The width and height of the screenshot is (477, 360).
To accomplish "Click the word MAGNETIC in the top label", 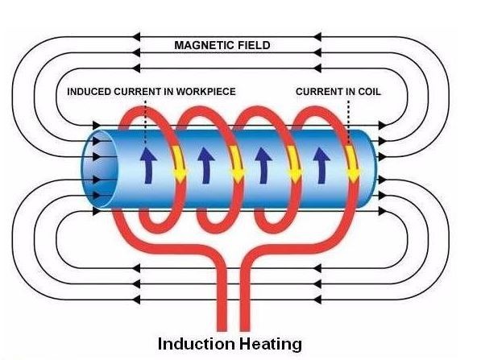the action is tap(204, 45).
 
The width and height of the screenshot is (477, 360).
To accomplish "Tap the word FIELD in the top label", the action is tap(254, 45).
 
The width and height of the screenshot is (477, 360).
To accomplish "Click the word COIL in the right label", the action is tap(369, 92).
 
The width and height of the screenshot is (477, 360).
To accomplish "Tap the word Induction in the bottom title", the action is tap(197, 344).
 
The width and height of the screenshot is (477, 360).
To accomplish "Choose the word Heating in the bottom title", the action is tap(271, 345).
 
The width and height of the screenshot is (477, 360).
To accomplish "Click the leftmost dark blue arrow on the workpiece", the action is tap(148, 166).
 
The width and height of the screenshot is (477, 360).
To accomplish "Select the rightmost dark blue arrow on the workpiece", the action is tap(321, 166).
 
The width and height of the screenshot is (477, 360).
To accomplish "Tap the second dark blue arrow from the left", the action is tap(206, 166).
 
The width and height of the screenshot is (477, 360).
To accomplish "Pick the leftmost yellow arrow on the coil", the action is tap(179, 164).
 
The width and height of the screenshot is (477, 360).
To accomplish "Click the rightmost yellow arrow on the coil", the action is tap(353, 164).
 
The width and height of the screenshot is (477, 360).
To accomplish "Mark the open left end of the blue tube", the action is tap(99, 169).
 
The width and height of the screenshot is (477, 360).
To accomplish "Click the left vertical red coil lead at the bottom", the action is tap(222, 301).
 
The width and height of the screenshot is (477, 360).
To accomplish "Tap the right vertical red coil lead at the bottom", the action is tap(245, 301).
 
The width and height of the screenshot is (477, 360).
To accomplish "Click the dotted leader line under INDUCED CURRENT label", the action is tap(145, 122).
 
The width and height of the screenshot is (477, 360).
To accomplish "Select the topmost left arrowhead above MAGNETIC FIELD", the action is tap(136, 37).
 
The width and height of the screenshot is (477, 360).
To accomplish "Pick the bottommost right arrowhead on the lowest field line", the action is tap(317, 300).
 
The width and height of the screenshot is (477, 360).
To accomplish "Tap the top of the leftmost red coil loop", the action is tap(143, 109).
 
